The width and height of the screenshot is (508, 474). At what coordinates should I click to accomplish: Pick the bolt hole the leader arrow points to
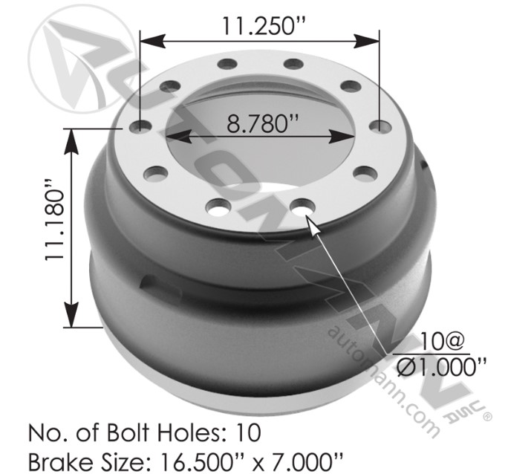303,206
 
